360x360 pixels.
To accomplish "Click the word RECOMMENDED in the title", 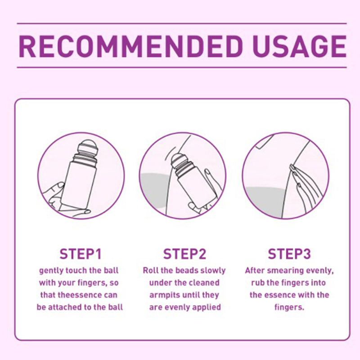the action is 130,46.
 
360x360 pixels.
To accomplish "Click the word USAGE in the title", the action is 300,46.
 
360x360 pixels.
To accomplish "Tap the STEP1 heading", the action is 81,254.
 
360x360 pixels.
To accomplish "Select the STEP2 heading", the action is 184,254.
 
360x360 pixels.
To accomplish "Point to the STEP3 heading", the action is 289,254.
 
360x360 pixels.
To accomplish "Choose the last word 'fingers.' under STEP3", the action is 289,307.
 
